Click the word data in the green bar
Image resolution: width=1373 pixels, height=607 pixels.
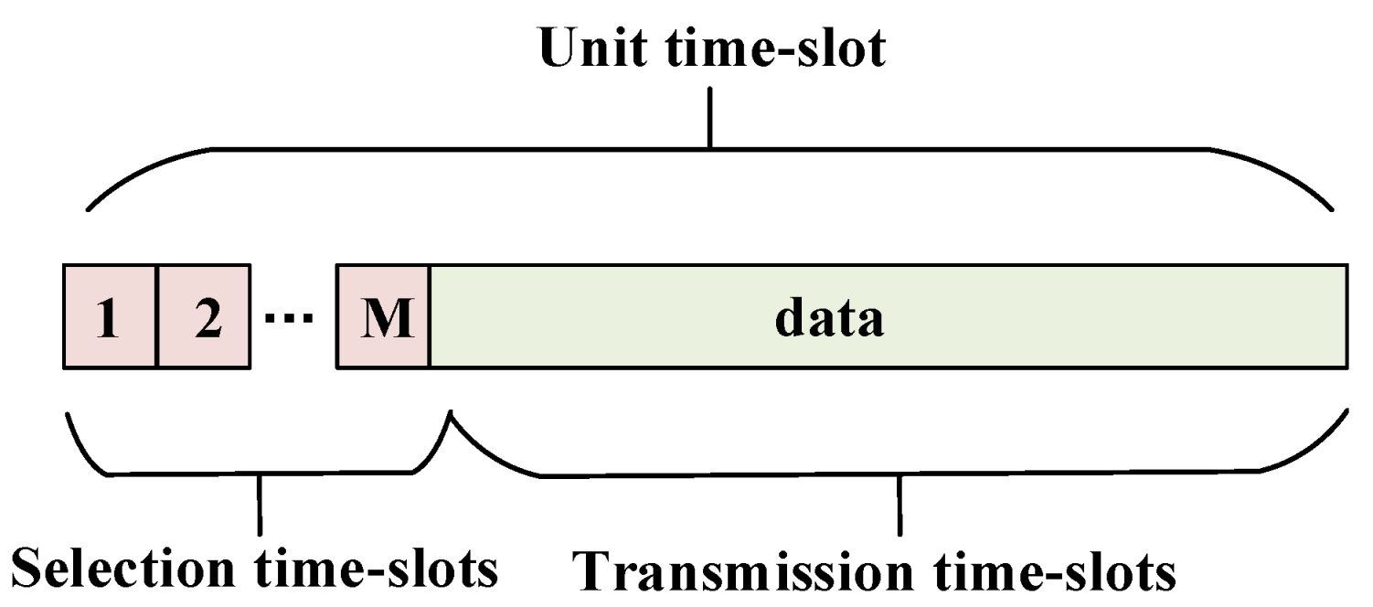[x=829, y=319]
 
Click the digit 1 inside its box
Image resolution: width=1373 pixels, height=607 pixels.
[x=109, y=321]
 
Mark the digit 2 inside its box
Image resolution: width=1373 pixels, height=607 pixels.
[x=208, y=321]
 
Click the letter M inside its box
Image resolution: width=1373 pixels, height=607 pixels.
[x=384, y=321]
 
